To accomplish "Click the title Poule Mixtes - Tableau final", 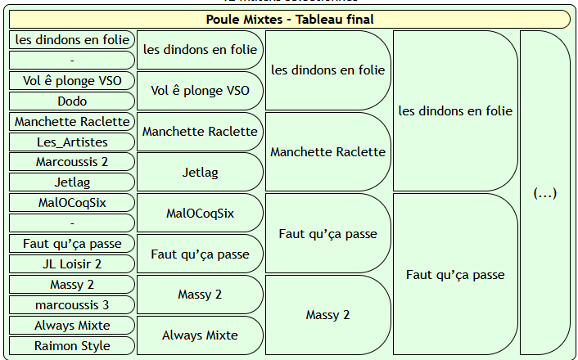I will tap(289, 20).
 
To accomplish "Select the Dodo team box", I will tap(72, 101).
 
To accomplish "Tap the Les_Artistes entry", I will tap(72, 142).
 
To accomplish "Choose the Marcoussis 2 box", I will tap(72, 162).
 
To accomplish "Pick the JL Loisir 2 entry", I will tap(72, 264).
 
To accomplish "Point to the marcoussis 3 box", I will tap(72, 305).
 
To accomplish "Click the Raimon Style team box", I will tap(72, 346).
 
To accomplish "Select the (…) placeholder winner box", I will tap(544, 193).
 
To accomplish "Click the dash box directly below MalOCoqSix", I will tap(72, 223).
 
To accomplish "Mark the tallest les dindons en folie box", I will tap(455, 111).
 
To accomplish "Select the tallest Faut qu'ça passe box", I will tap(455, 274).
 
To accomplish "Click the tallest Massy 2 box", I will tap(327, 315).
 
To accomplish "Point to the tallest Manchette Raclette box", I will tap(327, 152).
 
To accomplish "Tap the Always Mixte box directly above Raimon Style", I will tap(72, 326).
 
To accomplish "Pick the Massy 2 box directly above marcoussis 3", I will tap(72, 285).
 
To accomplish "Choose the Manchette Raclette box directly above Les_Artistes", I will tap(72, 122).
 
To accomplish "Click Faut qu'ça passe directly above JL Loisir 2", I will tap(72, 244).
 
